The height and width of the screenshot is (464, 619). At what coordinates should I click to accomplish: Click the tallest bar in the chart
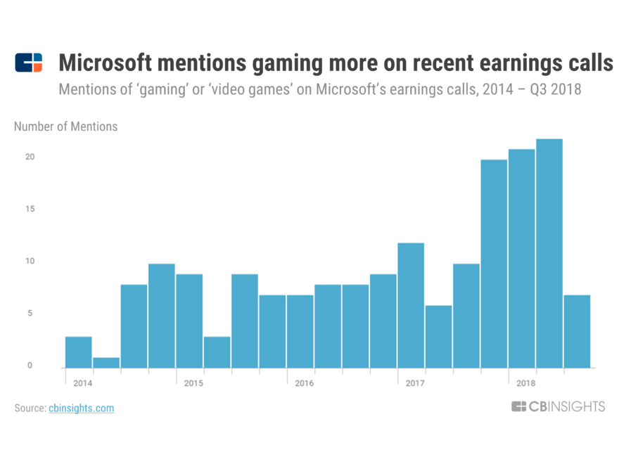tap(549, 253)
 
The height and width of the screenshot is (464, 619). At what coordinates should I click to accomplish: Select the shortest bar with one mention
tap(106, 362)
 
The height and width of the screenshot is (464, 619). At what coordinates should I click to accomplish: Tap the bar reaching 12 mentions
tap(411, 305)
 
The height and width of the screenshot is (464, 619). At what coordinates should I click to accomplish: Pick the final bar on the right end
tap(577, 331)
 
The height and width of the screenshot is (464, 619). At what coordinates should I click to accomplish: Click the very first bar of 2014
tap(78, 352)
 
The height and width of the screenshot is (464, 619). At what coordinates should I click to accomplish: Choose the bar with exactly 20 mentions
tap(494, 264)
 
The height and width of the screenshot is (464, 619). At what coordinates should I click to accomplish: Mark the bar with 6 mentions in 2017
tap(438, 336)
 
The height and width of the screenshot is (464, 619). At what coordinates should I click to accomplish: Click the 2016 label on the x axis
tap(304, 383)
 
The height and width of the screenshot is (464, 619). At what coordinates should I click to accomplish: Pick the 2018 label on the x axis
tap(525, 383)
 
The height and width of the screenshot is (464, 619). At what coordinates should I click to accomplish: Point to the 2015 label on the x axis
tap(193, 383)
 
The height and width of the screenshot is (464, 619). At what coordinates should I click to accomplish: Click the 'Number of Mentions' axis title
tap(65, 127)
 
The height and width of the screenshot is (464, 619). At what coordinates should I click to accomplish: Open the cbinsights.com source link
tap(81, 408)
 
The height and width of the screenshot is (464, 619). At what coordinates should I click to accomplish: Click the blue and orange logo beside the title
tap(29, 63)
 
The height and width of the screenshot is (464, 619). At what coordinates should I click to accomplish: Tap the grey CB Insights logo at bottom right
tap(558, 406)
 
